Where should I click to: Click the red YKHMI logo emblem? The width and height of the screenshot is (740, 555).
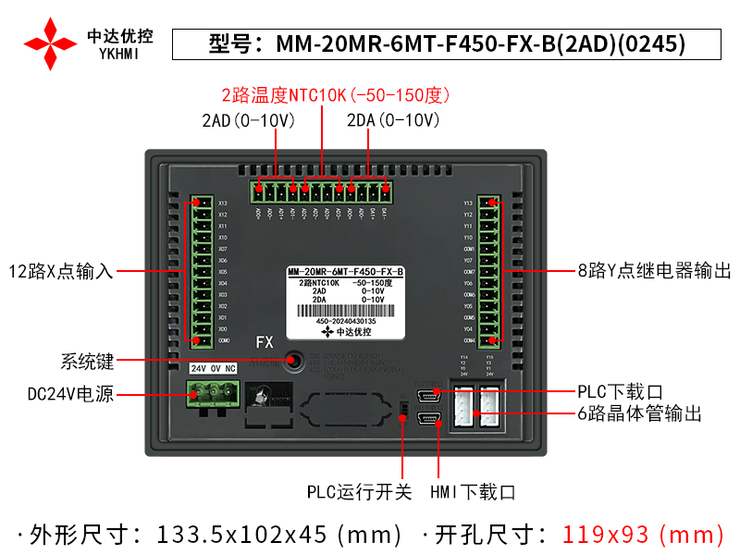50,43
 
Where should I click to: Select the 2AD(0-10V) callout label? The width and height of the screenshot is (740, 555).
248,120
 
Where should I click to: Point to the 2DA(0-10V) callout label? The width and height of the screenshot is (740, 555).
393,120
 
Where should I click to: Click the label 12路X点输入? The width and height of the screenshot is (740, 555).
60,272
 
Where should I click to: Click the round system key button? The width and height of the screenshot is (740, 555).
295,359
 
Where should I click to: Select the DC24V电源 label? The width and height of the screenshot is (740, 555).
70,394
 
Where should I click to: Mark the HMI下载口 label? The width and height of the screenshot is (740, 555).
473,492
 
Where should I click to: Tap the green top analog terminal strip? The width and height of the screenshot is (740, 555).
320,191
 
